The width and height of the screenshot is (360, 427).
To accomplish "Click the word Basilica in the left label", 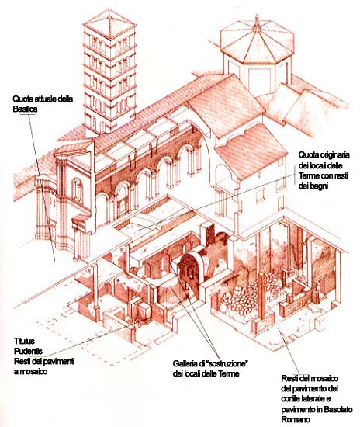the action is click(25, 109).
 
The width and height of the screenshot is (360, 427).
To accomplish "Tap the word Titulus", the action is click(24, 341).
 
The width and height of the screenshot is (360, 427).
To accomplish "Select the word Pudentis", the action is click(28, 351).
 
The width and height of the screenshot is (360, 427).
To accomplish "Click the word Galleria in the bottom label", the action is click(185, 363).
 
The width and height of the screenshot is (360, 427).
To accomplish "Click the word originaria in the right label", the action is click(334, 155).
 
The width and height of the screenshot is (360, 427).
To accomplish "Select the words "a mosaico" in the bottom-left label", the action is click(30, 371).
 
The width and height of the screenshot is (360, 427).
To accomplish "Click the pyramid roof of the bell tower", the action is click(109, 23).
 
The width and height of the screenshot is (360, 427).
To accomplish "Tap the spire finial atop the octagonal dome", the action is click(257, 22).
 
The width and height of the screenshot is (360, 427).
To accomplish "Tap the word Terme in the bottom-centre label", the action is click(230, 373).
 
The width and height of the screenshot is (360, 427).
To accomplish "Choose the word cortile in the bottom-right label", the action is click(291, 399).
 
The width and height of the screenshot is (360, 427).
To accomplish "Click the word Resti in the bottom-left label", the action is click(22, 361).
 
